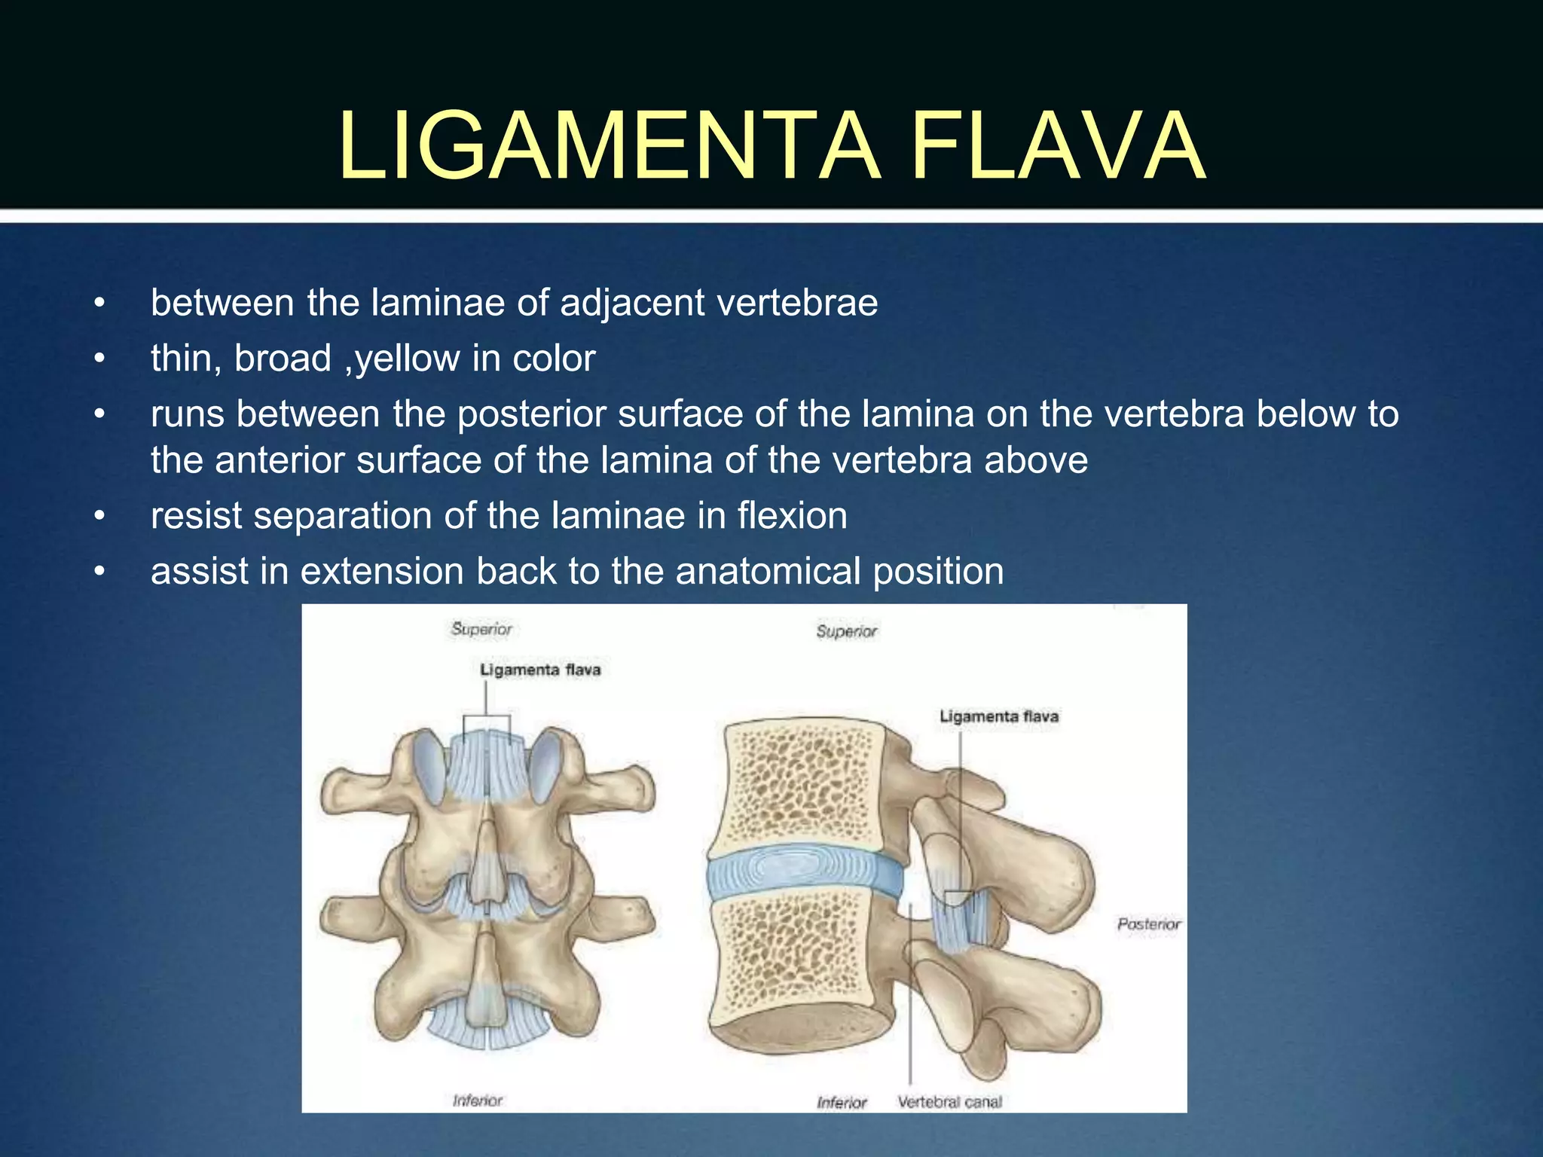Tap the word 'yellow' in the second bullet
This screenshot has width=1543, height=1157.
tap(407, 359)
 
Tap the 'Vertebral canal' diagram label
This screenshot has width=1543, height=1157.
tap(949, 1102)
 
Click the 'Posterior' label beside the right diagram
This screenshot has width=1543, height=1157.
tap(1148, 924)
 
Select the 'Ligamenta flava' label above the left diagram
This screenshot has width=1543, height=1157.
tap(540, 670)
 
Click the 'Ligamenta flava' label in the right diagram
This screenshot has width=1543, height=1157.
tap(999, 716)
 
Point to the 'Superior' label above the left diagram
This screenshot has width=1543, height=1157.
tap(481, 629)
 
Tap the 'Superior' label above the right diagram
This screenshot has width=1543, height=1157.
tap(847, 631)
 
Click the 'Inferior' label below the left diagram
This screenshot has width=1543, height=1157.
tap(478, 1101)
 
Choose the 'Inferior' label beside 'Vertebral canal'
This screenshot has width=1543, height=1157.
tap(842, 1103)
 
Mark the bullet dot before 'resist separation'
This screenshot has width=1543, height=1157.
tap(99, 517)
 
